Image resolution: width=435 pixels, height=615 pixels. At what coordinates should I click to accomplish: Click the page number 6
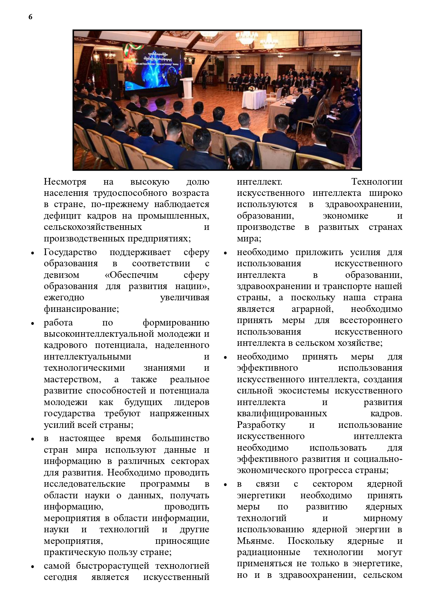[30, 17]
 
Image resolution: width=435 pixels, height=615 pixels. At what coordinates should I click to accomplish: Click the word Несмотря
[65, 182]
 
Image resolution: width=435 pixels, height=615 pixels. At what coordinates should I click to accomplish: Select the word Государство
[70, 252]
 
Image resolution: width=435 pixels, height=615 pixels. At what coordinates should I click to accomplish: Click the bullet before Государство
[33, 253]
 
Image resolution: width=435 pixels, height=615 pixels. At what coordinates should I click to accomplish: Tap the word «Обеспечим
[131, 275]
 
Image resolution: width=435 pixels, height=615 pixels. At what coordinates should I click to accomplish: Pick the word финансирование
[81, 309]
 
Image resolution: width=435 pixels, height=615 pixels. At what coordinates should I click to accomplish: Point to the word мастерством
[72, 379]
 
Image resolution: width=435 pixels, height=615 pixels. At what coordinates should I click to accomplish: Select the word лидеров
[191, 402]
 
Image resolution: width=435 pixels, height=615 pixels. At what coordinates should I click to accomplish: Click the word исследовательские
[84, 484]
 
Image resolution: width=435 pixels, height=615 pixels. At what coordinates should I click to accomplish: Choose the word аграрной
[312, 309]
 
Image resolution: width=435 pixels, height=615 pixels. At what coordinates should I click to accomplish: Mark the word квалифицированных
[282, 413]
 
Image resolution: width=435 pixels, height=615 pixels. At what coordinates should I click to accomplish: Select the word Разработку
[261, 425]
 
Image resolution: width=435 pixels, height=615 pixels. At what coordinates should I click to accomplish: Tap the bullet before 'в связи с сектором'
[226, 485]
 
